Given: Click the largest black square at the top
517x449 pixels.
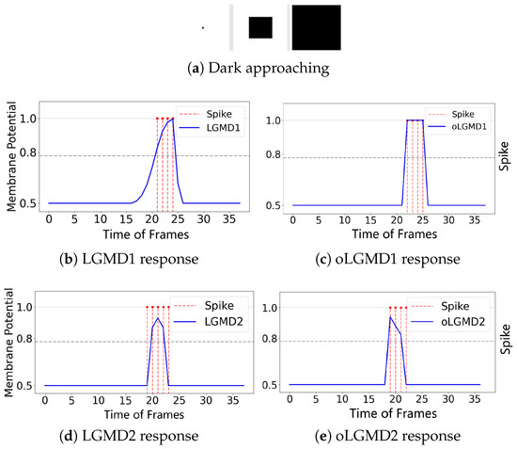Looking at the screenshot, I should (x=315, y=26).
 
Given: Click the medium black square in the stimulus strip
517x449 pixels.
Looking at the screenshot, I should (x=259, y=27).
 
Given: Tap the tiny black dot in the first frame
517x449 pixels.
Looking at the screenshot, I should (x=202, y=27).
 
